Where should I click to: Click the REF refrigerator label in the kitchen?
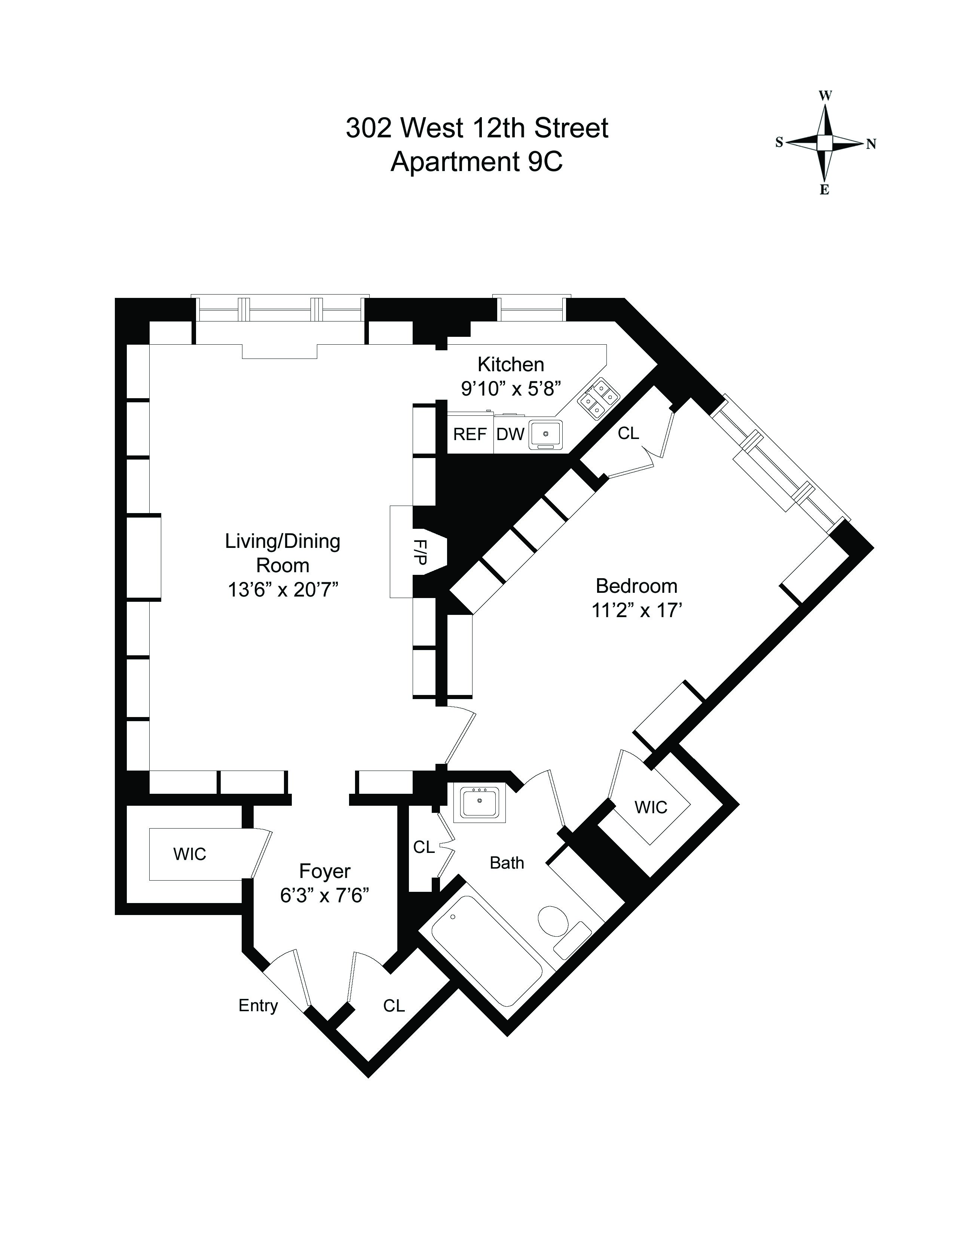pos(470,434)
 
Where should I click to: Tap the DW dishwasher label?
pos(510,434)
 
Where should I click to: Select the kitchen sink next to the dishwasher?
pos(545,434)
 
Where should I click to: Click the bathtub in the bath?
pos(486,950)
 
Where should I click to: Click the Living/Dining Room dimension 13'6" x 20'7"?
pos(282,590)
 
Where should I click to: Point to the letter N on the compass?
pos(871,144)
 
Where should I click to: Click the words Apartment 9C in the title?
pos(477,162)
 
